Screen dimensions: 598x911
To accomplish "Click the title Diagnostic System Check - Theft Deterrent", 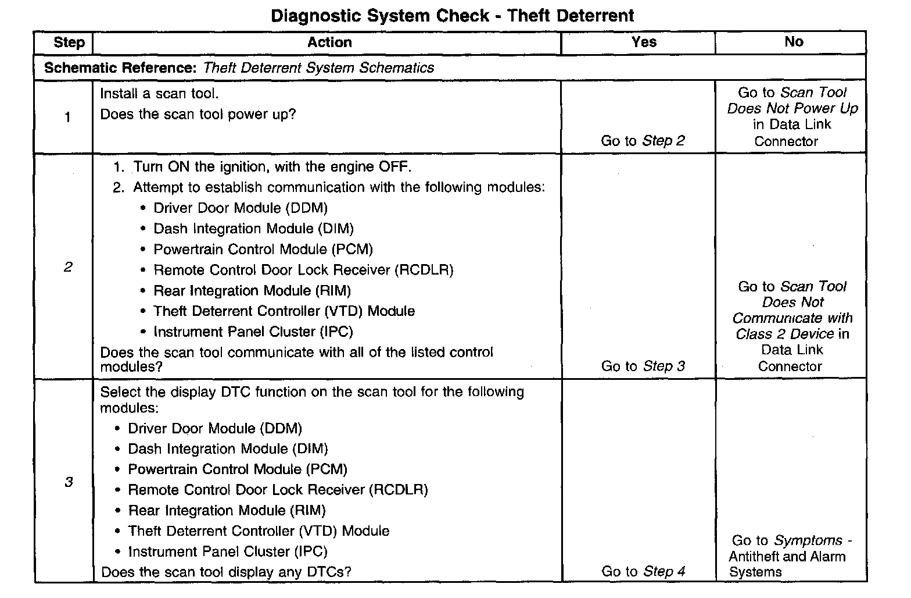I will (453, 15).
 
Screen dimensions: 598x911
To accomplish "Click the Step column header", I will (69, 42).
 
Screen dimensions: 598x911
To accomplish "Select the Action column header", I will (329, 42).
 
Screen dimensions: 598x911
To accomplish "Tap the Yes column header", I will (644, 42).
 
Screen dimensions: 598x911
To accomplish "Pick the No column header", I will (794, 42).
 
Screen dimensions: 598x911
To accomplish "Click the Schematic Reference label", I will (120, 68).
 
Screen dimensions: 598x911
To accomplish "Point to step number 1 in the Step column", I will (67, 118).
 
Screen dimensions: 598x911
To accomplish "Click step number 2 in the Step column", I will (68, 267).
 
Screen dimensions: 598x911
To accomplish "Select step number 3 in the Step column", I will (69, 482).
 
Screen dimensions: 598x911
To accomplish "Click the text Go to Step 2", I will (643, 141).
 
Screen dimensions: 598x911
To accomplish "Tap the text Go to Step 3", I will (643, 366).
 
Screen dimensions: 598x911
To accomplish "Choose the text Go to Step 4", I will (643, 571).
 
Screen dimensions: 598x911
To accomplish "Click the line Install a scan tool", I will (159, 94).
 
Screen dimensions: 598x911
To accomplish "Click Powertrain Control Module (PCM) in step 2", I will (263, 250).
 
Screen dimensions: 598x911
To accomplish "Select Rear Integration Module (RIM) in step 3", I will (227, 511).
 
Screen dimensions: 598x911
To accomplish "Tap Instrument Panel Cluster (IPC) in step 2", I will (253, 332).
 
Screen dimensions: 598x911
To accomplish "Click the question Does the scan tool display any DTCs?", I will (226, 572).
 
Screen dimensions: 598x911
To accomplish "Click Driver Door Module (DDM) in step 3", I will (215, 429).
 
